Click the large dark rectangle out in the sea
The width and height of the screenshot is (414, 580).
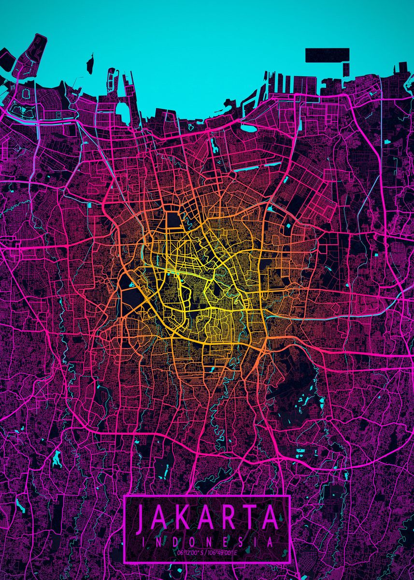(x=327, y=55)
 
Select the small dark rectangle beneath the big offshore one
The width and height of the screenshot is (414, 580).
(x=346, y=69)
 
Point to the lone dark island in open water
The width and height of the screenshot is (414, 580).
(x=90, y=64)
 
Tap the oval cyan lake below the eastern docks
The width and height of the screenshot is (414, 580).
(x=248, y=128)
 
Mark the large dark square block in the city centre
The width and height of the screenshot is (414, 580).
(x=173, y=219)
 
